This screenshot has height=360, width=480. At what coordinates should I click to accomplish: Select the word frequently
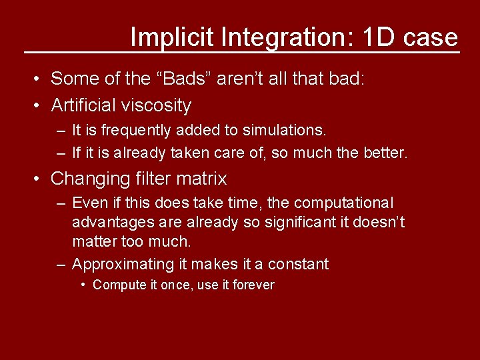click(127, 130)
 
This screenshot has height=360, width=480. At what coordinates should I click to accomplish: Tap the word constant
click(297, 264)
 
